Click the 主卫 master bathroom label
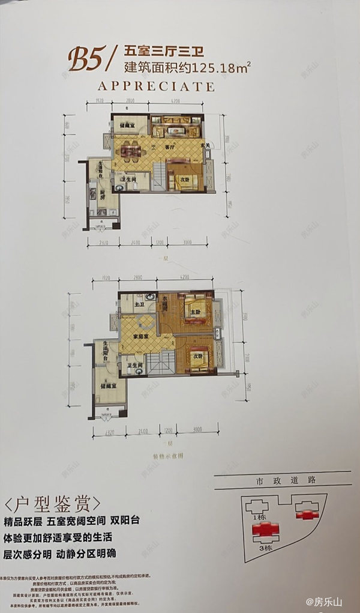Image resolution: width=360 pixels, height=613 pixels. pos(139,304)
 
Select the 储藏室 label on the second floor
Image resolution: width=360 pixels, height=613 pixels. pos(109,388)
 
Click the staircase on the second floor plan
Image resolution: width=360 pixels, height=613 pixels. pos(160,363)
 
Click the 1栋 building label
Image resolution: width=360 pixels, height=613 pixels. pos(259,516)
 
